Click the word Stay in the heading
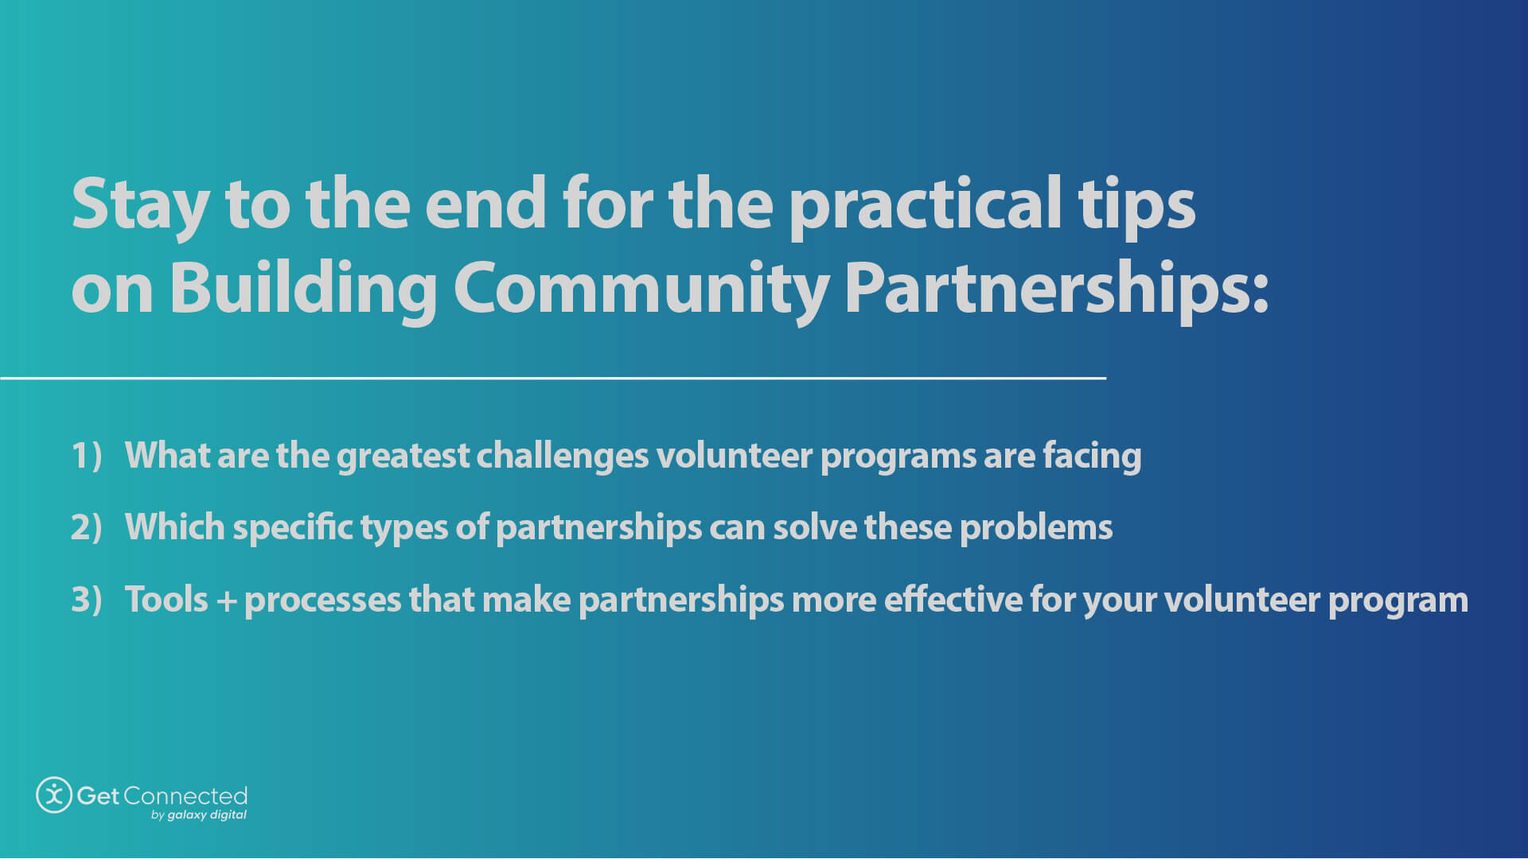140,205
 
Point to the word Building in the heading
302,290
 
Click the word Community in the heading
641,290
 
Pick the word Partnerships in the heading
1054,290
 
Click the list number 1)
87,456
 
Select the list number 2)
87,527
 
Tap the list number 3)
87,600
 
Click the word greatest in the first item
403,457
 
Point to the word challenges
562,457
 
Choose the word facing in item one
1092,457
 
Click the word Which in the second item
174,527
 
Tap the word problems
1035,528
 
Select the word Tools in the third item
166,600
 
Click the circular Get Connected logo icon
54,795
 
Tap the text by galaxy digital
198,815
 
